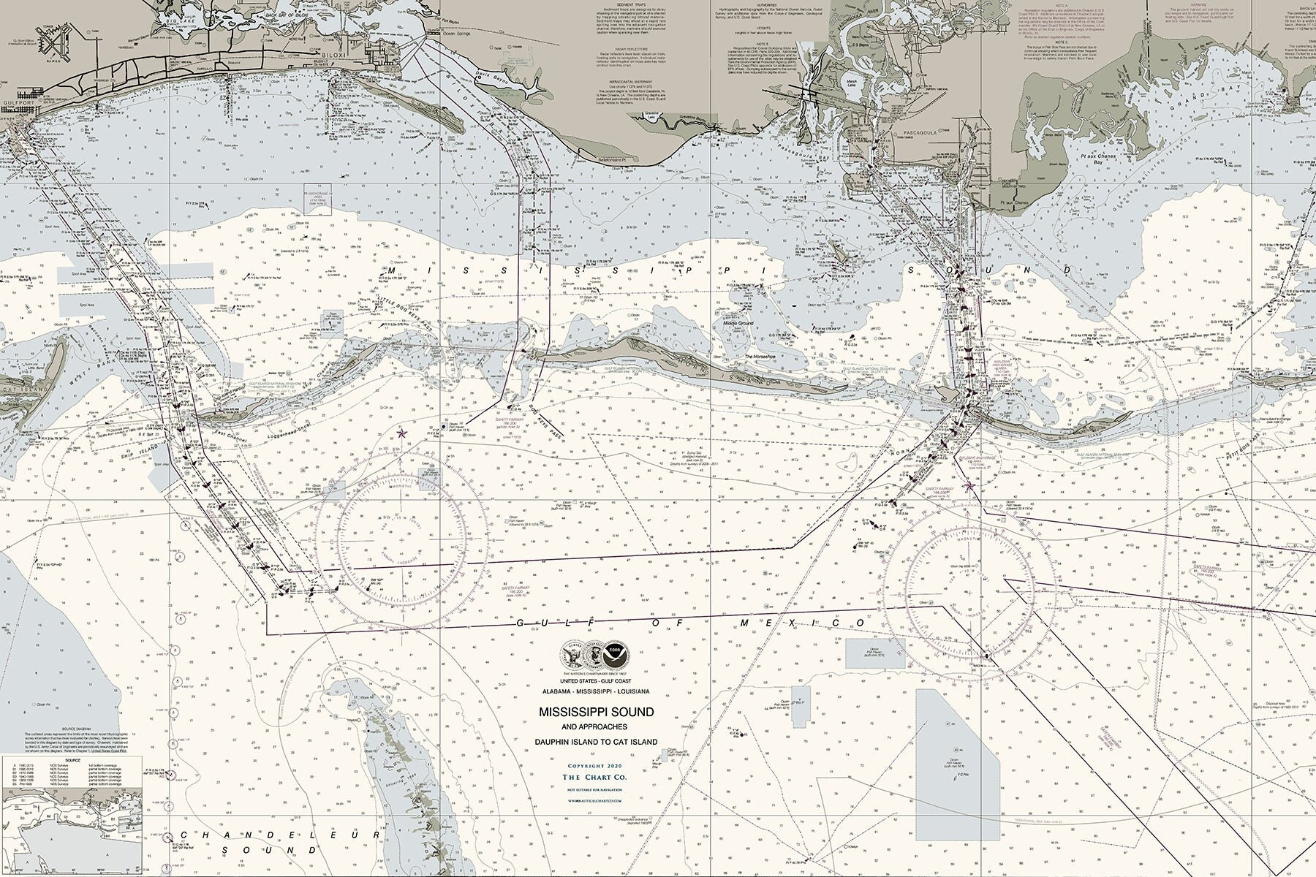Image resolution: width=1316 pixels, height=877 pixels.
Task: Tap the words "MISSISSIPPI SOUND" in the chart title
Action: (x=597, y=711)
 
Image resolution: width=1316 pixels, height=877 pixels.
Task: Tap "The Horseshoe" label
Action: (x=760, y=357)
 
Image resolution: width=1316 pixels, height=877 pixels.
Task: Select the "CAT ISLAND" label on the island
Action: (x=15, y=389)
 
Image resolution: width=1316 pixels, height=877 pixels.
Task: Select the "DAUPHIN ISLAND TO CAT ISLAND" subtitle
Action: (x=597, y=742)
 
